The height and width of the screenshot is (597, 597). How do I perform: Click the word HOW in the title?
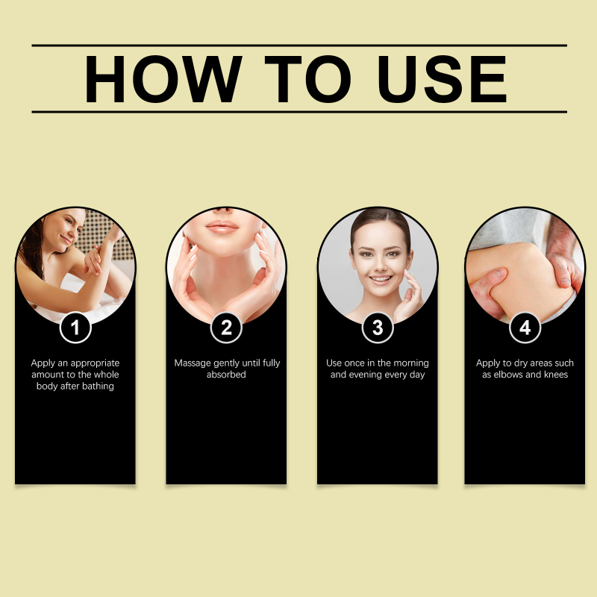pyautogui.click(x=163, y=79)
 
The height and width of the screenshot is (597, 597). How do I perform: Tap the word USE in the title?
pyautogui.click(x=442, y=79)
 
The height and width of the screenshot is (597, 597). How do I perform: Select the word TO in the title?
pyautogui.click(x=307, y=79)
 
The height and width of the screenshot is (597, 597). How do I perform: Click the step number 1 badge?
pyautogui.click(x=75, y=328)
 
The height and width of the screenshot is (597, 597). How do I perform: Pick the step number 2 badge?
pyautogui.click(x=226, y=328)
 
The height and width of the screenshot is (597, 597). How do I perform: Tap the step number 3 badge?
pyautogui.click(x=378, y=328)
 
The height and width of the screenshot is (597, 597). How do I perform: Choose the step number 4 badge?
pyautogui.click(x=525, y=328)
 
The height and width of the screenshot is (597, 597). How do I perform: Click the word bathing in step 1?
pyautogui.click(x=98, y=387)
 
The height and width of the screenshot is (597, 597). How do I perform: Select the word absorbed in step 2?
pyautogui.click(x=226, y=375)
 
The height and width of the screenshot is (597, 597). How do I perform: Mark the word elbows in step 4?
pyautogui.click(x=508, y=375)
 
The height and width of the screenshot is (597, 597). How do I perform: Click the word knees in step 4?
pyautogui.click(x=556, y=375)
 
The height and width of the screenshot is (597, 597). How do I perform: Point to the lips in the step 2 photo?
pyautogui.click(x=222, y=227)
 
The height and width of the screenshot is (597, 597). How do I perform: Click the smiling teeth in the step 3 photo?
pyautogui.click(x=381, y=279)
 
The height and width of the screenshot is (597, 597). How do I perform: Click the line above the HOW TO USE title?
pyautogui.click(x=299, y=46)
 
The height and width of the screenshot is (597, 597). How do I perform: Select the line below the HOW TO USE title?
pyautogui.click(x=299, y=112)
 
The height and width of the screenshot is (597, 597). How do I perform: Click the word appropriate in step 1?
pyautogui.click(x=96, y=363)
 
